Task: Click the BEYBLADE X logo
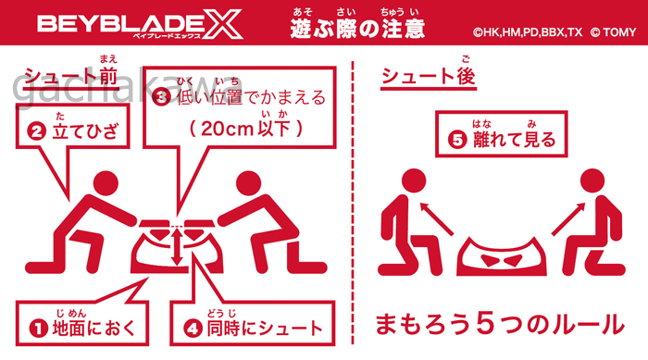140,25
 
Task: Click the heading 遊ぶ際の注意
357,28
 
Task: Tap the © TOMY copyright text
613,32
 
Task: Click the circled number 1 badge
39,329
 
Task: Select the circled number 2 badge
36,131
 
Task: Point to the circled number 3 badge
161,97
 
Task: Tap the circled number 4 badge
193,329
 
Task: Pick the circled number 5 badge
458,140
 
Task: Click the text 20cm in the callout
227,129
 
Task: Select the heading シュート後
428,76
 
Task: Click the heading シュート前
71,76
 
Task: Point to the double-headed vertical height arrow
177,247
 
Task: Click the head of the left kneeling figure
106,184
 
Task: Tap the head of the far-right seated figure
592,181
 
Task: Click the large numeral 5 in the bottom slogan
485,324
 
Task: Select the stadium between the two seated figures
502,256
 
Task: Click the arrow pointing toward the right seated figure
568,219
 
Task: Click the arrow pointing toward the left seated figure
436,219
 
